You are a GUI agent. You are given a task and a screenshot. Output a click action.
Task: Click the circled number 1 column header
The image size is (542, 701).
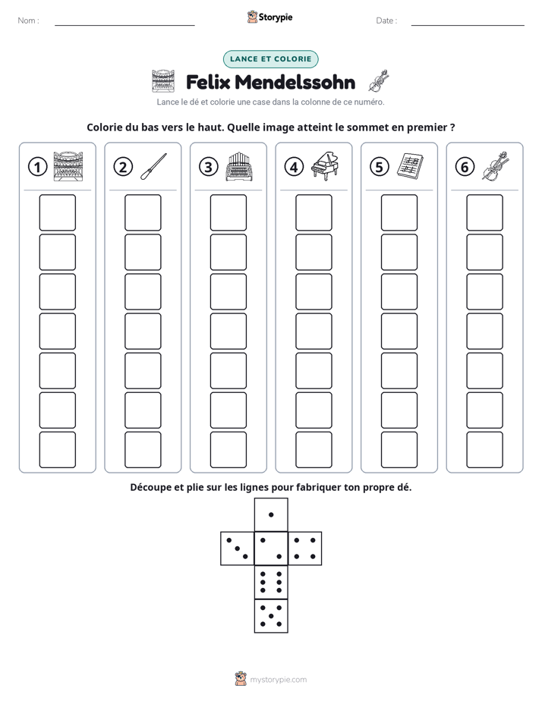37,167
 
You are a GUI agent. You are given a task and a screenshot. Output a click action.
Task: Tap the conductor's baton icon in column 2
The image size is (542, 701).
153,167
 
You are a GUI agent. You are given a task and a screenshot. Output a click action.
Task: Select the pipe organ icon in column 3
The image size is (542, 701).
239,166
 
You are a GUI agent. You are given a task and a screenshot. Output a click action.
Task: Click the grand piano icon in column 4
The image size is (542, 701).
325,166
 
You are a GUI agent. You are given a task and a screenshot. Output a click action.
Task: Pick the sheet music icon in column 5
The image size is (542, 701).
410,166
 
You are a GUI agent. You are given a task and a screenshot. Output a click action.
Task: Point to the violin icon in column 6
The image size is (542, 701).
496,166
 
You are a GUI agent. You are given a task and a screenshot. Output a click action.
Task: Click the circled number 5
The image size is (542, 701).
380,167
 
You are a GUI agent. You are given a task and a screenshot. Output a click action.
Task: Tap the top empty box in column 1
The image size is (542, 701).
57,212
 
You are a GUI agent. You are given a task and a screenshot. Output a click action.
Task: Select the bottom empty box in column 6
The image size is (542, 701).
484,450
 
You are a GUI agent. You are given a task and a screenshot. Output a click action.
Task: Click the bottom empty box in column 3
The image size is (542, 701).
228,450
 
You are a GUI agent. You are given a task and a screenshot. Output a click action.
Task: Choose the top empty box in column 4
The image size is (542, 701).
314,212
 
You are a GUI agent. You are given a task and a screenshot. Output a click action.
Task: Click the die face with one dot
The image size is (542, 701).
271,514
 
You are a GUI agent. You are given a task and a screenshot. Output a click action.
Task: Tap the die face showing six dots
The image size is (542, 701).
271,582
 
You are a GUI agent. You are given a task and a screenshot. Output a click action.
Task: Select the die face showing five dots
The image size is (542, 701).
271,616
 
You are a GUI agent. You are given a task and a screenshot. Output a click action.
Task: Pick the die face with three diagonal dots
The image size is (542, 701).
237,549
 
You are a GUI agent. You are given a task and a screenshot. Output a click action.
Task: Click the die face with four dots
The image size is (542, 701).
305,549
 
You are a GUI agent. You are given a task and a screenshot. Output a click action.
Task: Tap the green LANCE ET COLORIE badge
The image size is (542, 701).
270,59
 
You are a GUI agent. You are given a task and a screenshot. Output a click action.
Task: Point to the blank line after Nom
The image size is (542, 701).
124,25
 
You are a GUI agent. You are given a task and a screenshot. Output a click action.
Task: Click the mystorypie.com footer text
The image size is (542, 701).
278,680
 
